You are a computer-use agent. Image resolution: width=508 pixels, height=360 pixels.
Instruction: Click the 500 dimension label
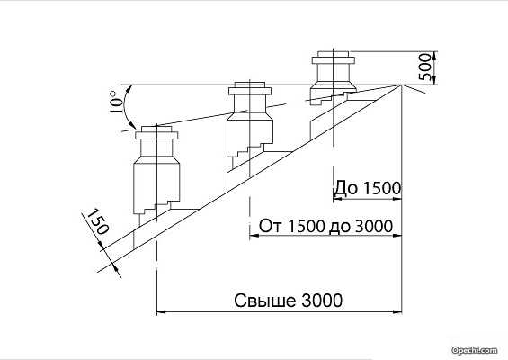[x=425, y=67]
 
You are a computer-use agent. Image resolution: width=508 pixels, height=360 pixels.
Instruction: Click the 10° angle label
[x=117, y=102]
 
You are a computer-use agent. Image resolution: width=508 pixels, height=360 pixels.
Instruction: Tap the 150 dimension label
[x=98, y=221]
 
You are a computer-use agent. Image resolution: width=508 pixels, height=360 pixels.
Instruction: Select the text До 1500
[x=368, y=188]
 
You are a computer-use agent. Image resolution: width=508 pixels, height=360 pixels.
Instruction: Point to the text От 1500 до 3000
[x=325, y=226]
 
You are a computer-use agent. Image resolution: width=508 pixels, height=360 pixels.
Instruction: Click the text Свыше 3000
[x=288, y=301]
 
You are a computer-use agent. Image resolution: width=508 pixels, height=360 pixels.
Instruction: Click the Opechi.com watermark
[x=475, y=350]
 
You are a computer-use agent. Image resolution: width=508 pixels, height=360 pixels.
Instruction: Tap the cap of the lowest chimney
[x=156, y=133]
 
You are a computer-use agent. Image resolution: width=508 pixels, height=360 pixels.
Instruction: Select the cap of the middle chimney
[x=249, y=88]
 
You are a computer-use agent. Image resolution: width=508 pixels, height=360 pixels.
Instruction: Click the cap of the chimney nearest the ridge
[x=334, y=58]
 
